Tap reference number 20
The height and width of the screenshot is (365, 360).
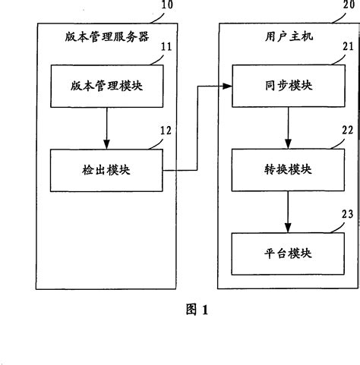click(x=341, y=6)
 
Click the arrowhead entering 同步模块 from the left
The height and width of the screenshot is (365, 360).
click(x=227, y=87)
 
